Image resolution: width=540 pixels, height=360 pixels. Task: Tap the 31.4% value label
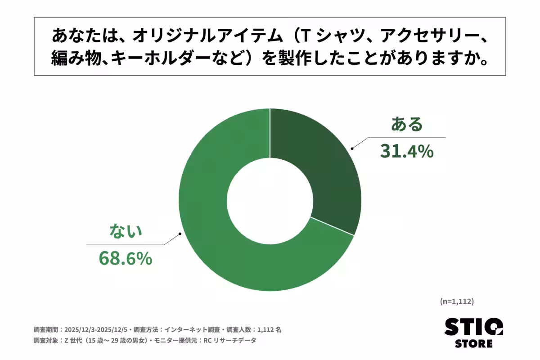click(x=406, y=152)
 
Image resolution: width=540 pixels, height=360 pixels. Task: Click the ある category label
click(x=407, y=124)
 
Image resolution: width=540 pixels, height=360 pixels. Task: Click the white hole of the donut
click(x=270, y=200)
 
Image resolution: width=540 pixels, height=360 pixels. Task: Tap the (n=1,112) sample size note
click(x=457, y=301)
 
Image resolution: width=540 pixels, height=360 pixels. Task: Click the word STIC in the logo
click(x=473, y=327)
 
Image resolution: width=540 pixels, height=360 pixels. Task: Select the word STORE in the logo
click(x=473, y=344)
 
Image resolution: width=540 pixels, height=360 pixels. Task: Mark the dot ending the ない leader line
click(x=180, y=233)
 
